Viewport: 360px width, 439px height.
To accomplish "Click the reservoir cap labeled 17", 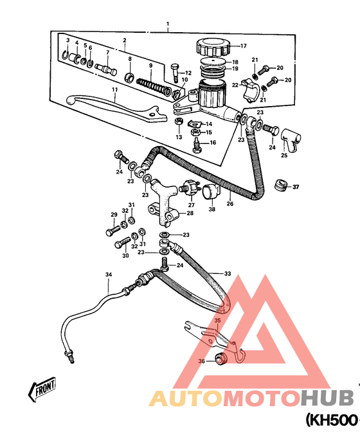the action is coord(213,47).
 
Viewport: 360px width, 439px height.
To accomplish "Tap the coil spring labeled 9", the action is coord(154,86).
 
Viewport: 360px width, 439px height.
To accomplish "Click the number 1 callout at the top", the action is coord(168,24).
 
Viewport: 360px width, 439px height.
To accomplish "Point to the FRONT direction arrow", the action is coord(42,389).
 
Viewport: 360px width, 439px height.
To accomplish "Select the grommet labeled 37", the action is coord(280,184).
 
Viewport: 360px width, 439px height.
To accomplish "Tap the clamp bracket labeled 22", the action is coord(249,90).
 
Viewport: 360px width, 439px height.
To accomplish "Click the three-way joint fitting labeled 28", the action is coord(163,205).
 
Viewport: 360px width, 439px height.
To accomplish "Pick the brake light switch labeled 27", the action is coord(191,187).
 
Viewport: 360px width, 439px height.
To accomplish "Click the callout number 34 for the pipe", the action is coord(109,274).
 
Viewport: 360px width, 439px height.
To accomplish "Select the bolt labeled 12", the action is coord(174,73).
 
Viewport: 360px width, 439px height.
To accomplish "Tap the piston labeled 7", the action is coord(106,69).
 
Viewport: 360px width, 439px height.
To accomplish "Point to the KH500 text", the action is coord(332,420).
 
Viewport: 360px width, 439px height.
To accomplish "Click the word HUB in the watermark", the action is coord(327,398).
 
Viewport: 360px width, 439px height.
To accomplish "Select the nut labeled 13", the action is coord(178,121).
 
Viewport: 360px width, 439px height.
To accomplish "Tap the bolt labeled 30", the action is coord(122,243).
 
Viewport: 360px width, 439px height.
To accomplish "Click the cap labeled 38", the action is coord(210,192).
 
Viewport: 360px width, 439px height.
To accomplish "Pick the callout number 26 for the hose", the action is coord(230,204).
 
